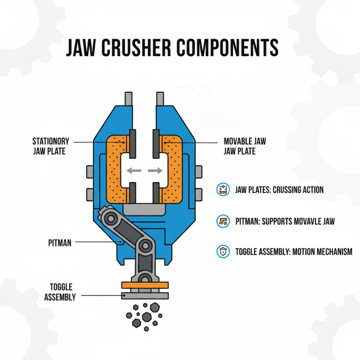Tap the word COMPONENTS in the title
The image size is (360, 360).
[230, 48]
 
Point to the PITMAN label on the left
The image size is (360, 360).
[60, 242]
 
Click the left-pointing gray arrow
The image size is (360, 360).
[132, 171]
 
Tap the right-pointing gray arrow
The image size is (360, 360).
[154, 171]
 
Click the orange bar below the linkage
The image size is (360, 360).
[145, 284]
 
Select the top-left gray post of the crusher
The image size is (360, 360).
[129, 99]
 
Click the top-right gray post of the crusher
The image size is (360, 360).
[159, 99]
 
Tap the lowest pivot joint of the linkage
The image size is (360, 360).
[144, 275]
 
